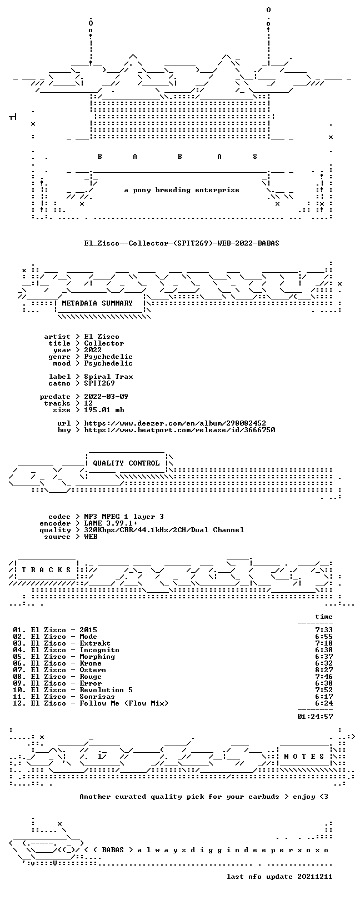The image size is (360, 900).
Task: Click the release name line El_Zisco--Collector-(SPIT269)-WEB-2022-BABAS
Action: coord(182,243)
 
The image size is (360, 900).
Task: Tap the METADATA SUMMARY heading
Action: coord(97,303)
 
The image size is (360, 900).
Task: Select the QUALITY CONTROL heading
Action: coord(126,463)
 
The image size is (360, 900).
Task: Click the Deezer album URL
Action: coord(175,423)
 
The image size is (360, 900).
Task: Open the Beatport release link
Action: coord(179,430)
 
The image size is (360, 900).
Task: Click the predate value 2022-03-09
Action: coord(106,397)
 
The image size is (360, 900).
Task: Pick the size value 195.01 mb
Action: coord(104,410)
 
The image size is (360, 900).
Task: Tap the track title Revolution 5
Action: coord(106,690)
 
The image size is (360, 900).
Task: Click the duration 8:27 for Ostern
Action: coord(324,670)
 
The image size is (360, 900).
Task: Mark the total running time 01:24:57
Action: coord(316,716)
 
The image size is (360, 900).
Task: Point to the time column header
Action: coord(324,616)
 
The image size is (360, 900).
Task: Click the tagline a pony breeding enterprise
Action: coord(182,190)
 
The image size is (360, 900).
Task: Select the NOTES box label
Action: coord(304,757)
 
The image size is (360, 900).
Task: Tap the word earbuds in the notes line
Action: coord(263,796)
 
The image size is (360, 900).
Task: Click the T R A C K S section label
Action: coord(46,570)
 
